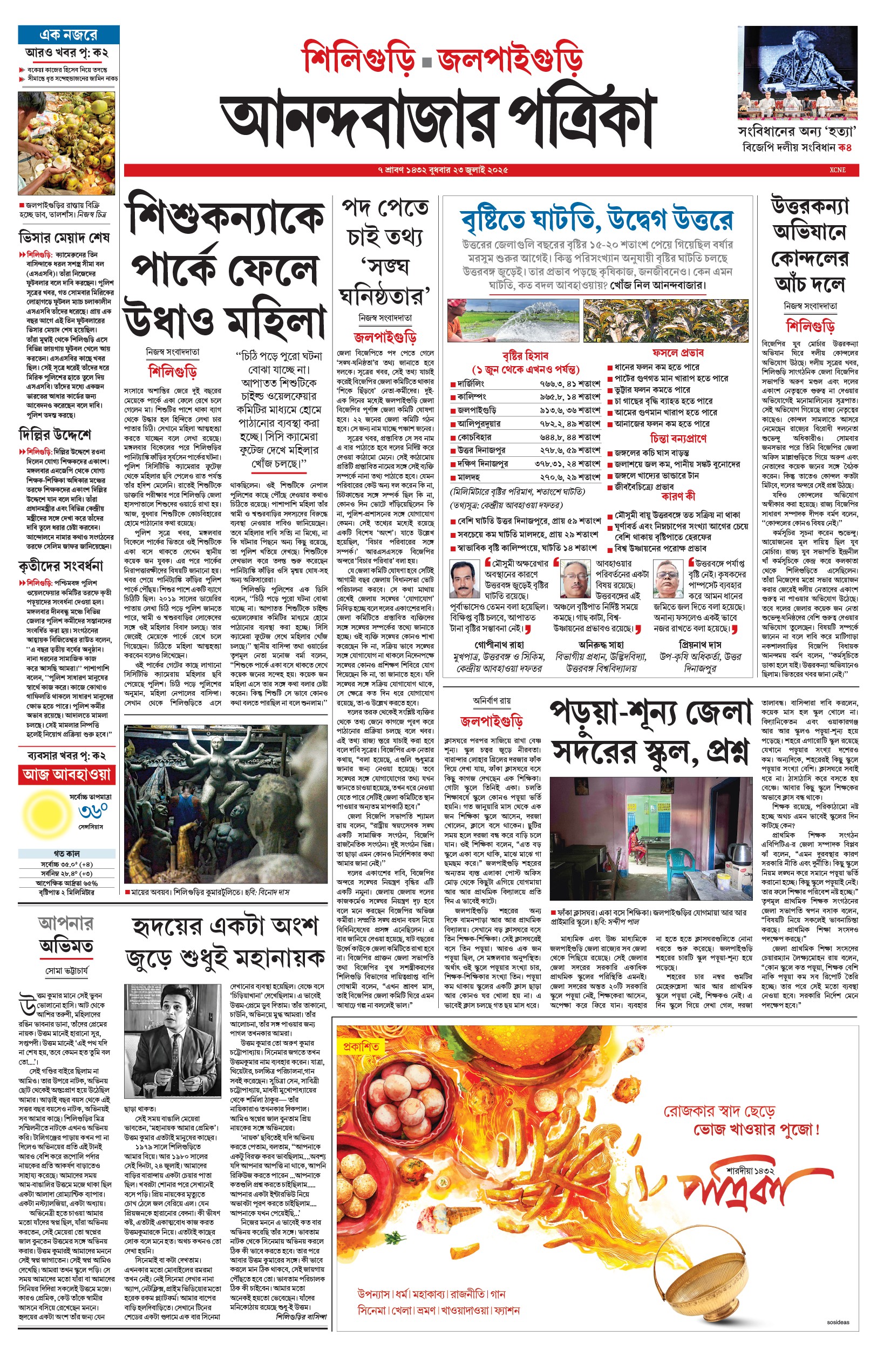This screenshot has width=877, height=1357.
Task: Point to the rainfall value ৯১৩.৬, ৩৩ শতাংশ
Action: [570, 410]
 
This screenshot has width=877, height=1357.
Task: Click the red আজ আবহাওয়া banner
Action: [66, 775]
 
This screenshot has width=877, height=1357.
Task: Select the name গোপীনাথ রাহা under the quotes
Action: [499, 644]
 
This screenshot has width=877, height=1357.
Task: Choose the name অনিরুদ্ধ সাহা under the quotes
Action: [601, 644]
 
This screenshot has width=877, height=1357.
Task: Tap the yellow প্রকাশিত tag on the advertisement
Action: [361, 1047]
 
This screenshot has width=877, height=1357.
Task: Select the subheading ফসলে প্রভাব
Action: [678, 353]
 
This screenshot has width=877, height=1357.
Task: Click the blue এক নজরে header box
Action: [69, 35]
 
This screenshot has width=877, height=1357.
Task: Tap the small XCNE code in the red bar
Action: [837, 170]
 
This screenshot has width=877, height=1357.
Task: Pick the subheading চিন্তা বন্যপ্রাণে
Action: [678, 438]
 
